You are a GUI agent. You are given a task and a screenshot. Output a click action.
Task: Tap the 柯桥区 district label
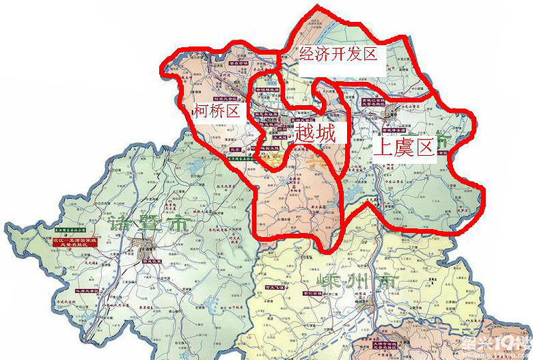coord(217,111)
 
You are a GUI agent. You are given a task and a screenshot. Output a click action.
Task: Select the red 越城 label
coord(315,133)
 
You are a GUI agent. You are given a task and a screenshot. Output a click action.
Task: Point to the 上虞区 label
coord(404,147)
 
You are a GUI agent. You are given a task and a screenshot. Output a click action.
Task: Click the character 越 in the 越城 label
coord(304,133)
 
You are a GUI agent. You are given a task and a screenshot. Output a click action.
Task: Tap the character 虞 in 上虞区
coord(404,147)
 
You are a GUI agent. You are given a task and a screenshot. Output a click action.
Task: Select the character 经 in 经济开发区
coord(307,55)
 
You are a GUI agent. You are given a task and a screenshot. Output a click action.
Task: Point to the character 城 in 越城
coord(326,133)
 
